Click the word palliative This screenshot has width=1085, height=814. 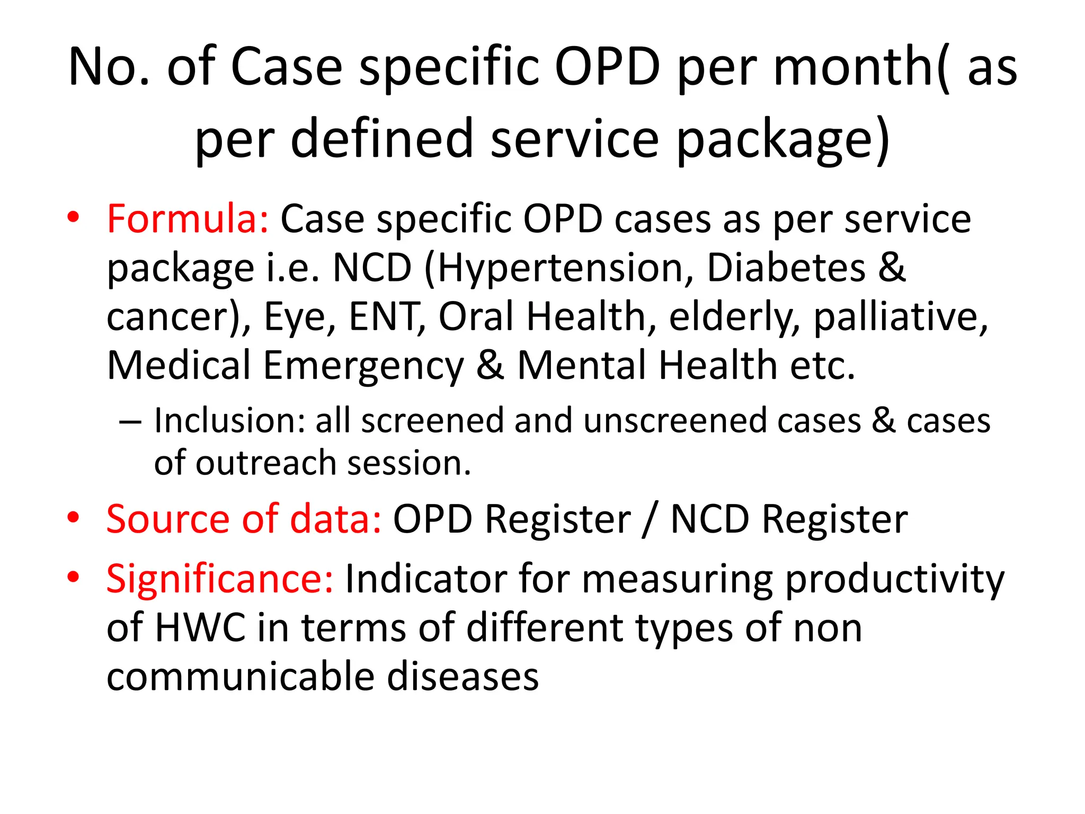(x=901, y=317)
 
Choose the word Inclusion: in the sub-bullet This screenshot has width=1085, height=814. (x=230, y=421)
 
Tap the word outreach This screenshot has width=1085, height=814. (x=266, y=463)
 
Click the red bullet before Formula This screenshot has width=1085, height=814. (x=73, y=217)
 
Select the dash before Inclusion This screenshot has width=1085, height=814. (x=130, y=422)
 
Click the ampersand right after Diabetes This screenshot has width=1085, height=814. (x=892, y=268)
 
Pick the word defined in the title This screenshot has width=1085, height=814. (x=381, y=139)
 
